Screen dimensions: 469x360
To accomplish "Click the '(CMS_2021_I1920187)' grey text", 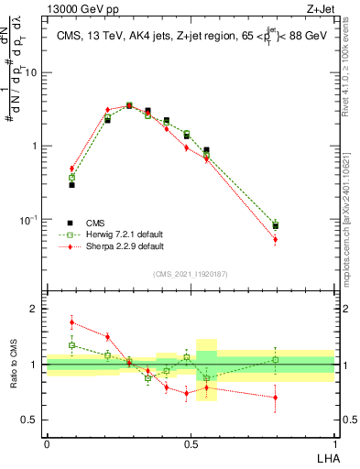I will click(191, 274).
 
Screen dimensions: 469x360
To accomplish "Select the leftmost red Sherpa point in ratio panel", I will click(72, 322).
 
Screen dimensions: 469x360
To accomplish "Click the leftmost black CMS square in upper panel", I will click(72, 184).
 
